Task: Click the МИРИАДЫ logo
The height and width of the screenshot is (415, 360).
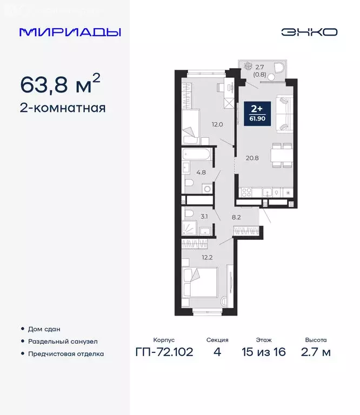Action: click(70, 32)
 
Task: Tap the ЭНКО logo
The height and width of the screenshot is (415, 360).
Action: click(309, 32)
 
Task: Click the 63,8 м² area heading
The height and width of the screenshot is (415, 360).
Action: click(59, 84)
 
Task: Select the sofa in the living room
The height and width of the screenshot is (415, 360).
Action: click(285, 113)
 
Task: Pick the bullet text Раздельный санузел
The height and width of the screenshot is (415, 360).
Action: click(63, 342)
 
